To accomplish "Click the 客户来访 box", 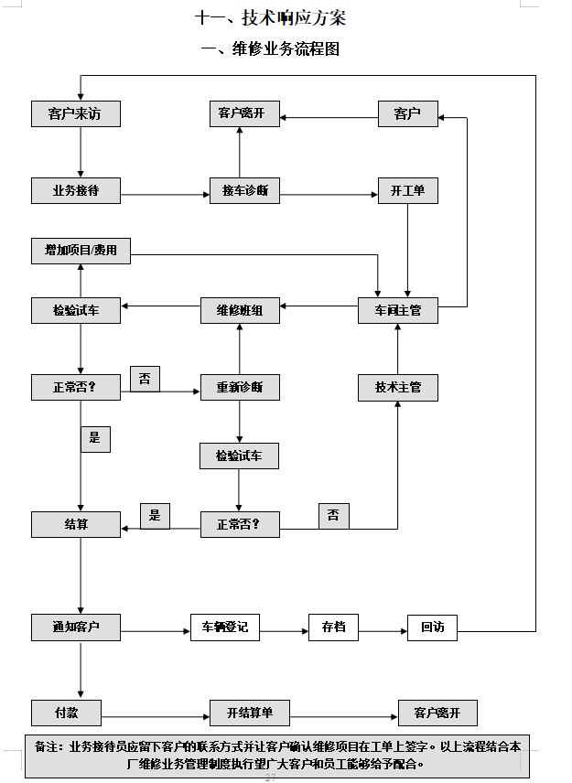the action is click(x=76, y=113).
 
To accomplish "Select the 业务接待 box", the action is click(x=76, y=190).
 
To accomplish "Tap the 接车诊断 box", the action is click(x=244, y=190).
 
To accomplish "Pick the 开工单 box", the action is click(x=408, y=190).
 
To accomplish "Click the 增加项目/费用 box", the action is click(x=81, y=251).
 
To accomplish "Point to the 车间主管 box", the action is click(x=398, y=311).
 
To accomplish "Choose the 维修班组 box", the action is click(x=241, y=311).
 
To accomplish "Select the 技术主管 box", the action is click(x=398, y=388).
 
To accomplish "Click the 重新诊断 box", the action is click(x=241, y=388).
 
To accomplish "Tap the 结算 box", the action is click(x=76, y=524).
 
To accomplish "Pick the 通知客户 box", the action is click(x=76, y=627).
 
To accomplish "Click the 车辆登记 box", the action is click(x=225, y=627).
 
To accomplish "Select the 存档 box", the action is click(x=334, y=627).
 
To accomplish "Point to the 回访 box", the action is click(x=433, y=627).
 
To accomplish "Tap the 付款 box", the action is click(x=67, y=713).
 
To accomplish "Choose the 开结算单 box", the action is click(x=250, y=713).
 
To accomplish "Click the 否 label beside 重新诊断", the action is click(x=145, y=379).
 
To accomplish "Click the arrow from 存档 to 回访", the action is click(x=383, y=632).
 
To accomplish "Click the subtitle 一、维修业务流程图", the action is click(x=270, y=49).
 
